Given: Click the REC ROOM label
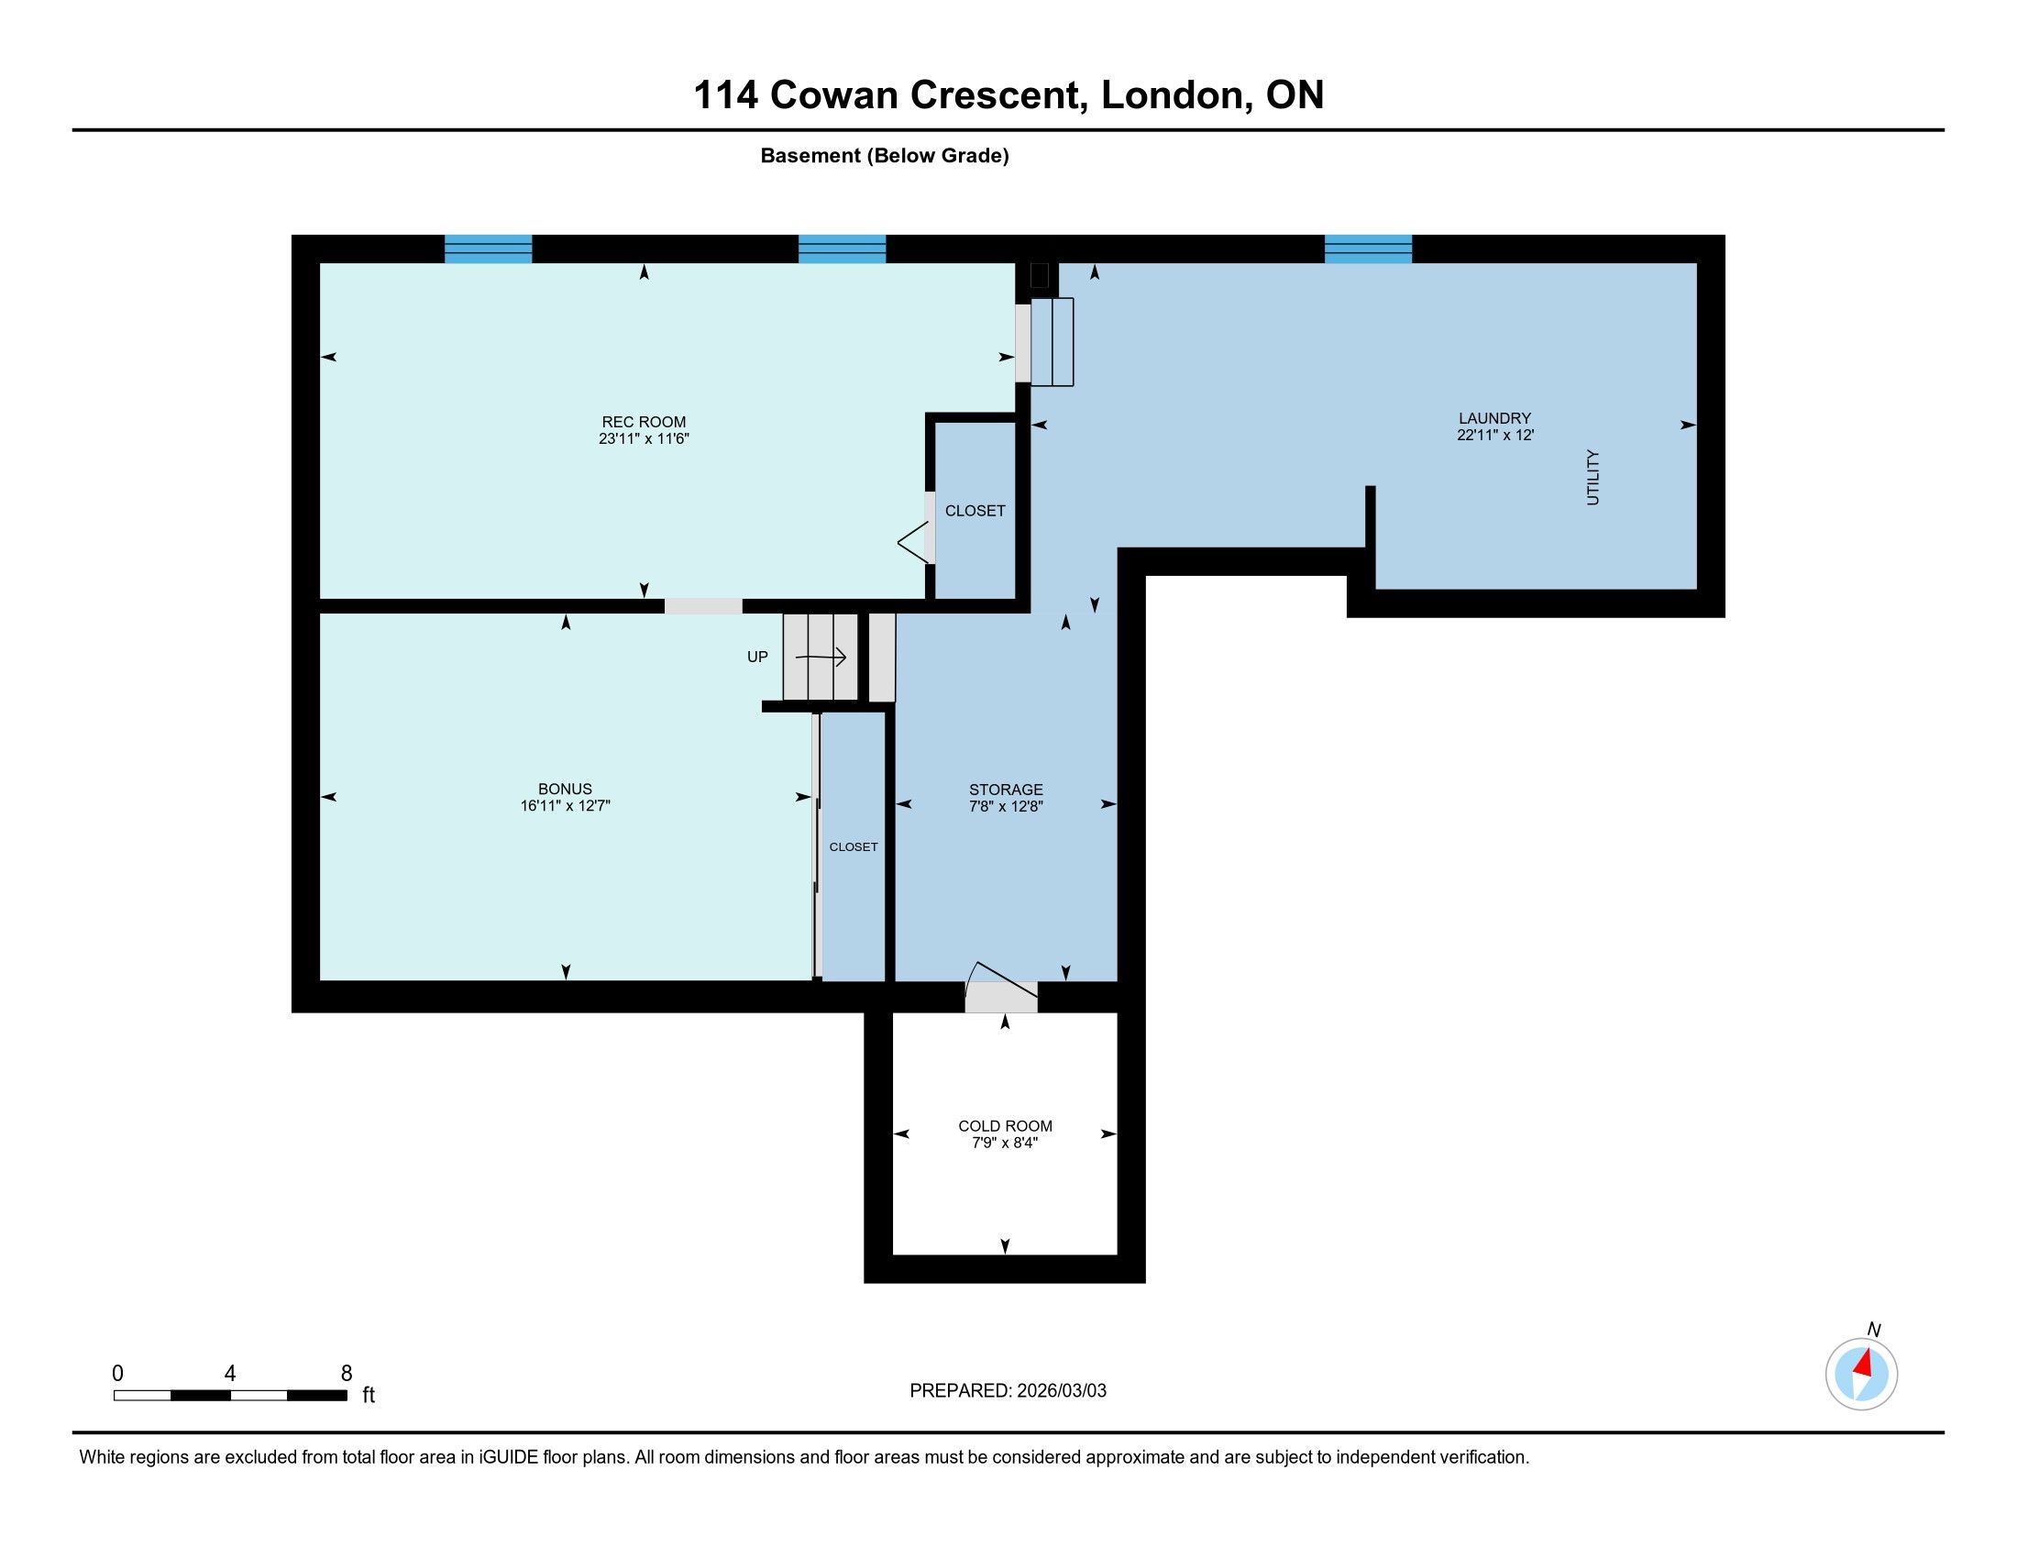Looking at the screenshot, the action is [x=644, y=422].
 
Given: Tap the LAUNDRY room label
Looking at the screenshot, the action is [x=1494, y=418].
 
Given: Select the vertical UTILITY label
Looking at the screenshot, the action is [x=1593, y=478].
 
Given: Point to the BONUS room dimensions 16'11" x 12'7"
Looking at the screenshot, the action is [x=565, y=805].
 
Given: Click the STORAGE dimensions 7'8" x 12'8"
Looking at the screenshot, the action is [x=1006, y=806].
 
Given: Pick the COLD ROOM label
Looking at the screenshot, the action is [x=1005, y=1126].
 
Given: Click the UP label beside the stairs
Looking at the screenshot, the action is [x=757, y=657].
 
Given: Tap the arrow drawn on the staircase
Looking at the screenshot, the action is [x=821, y=658].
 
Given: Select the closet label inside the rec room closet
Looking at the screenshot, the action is [x=975, y=511].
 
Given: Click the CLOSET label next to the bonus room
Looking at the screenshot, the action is [x=854, y=847].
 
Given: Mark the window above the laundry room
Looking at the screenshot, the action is [x=1368, y=249].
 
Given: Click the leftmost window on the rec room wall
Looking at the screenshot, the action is [x=488, y=249].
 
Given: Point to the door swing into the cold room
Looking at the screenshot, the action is [x=1001, y=986].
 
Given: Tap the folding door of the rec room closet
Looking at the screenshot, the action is [x=914, y=542].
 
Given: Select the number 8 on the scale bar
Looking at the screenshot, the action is [x=347, y=1374].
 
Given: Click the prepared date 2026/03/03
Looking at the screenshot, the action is [x=1061, y=1391].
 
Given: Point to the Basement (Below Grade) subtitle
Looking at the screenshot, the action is [x=885, y=156].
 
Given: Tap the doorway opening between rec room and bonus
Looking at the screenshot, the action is [x=703, y=606].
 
